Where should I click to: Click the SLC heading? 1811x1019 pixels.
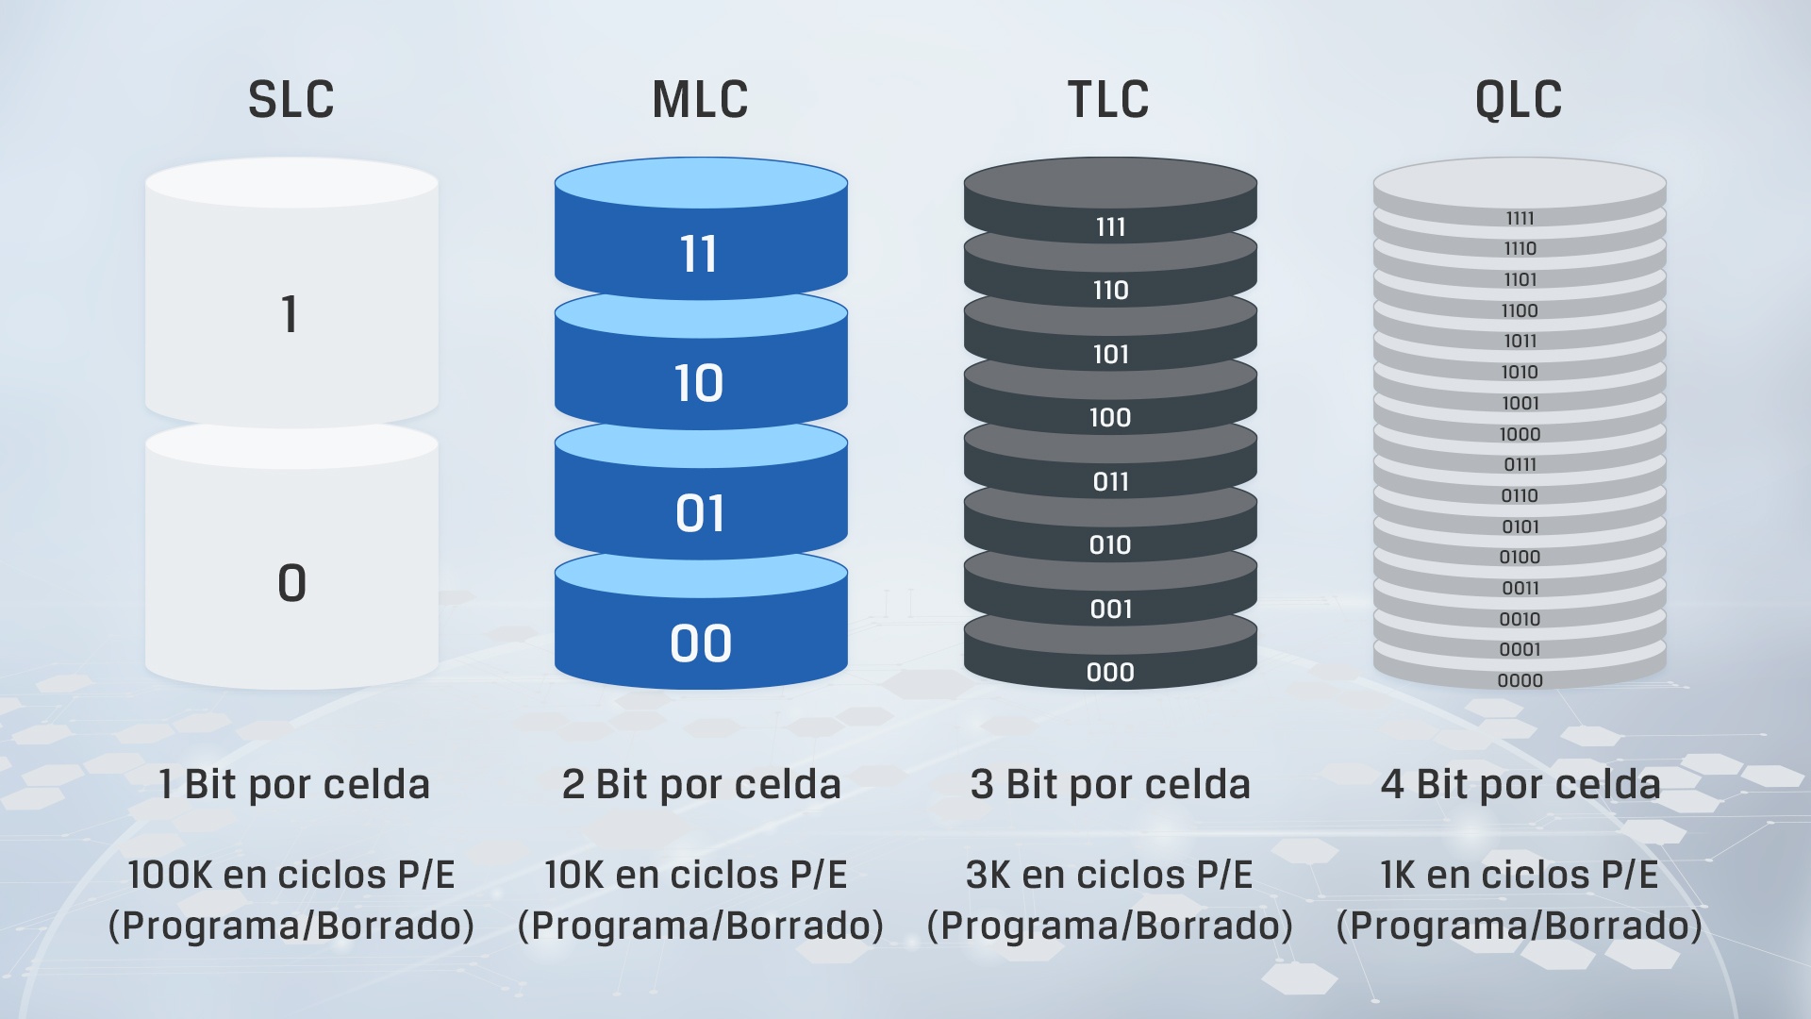291,99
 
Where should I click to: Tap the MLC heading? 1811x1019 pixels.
700,99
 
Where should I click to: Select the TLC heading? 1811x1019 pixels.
1108,99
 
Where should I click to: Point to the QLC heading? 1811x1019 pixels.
1519,99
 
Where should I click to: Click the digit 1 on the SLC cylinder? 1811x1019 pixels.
290,314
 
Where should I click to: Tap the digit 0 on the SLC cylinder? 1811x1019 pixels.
291,582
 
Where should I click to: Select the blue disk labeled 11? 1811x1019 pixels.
701,229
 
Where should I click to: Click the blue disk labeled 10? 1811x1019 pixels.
701,361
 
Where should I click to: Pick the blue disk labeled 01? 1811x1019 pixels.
701,491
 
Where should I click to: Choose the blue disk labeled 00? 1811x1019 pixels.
701,621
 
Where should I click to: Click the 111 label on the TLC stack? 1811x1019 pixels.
1110,226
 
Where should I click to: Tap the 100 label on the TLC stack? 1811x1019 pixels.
1110,417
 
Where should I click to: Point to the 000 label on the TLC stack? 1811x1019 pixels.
1110,672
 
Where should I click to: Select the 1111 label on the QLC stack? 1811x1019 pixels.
1520,218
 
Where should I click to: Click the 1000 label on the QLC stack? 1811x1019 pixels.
1520,434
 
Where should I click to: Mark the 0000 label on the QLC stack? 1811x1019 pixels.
1520,680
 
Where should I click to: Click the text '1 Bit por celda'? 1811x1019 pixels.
294,784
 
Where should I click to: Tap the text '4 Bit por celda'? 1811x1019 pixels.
1520,784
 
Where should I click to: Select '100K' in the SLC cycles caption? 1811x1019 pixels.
170,875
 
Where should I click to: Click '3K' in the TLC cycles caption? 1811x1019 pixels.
988,875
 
